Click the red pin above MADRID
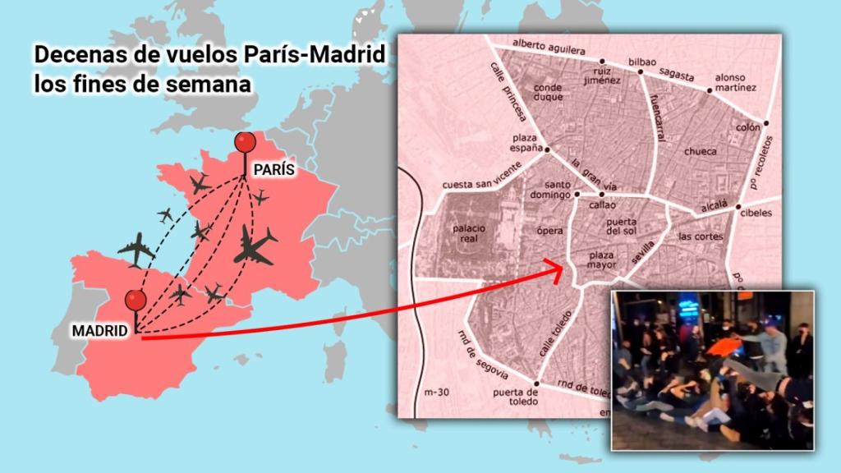pyautogui.click(x=136, y=300)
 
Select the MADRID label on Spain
pyautogui.click(x=100, y=330)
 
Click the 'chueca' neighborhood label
pyautogui.click(x=700, y=151)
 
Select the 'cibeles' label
pyautogui.click(x=756, y=213)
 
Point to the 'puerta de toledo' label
pyautogui.click(x=515, y=397)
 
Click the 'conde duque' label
pyautogui.click(x=548, y=92)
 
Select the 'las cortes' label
pyautogui.click(x=701, y=236)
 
